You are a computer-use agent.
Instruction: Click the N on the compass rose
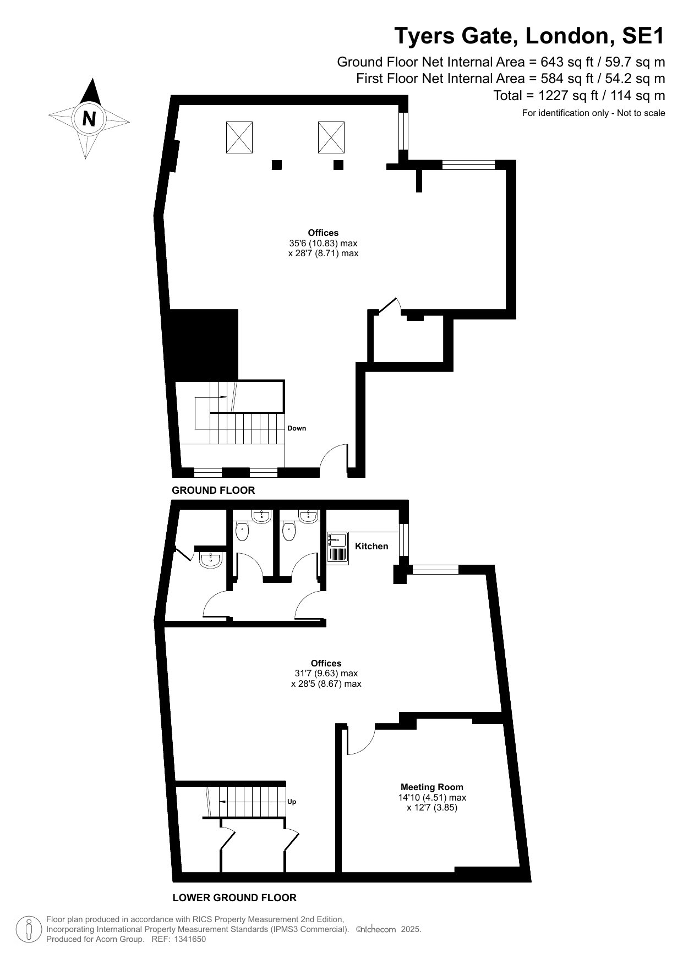click(89, 118)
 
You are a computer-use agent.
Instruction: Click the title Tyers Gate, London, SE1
click(530, 36)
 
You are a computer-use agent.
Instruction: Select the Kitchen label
click(371, 546)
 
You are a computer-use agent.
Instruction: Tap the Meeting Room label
click(432, 787)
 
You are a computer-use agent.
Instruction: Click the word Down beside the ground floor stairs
click(297, 428)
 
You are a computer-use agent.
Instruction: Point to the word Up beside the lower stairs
click(292, 802)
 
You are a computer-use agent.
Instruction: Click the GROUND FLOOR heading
click(214, 490)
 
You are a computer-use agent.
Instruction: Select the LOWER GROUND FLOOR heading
click(234, 898)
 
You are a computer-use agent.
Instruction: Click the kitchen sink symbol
click(337, 548)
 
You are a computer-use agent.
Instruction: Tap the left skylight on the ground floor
click(240, 137)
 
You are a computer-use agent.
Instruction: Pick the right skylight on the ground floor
click(331, 137)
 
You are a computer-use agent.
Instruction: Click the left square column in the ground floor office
click(277, 164)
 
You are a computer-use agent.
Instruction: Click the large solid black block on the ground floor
click(203, 344)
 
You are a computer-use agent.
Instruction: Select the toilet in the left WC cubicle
click(242, 531)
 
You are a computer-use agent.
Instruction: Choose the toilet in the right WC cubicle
click(289, 531)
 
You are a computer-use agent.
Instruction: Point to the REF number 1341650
click(190, 940)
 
